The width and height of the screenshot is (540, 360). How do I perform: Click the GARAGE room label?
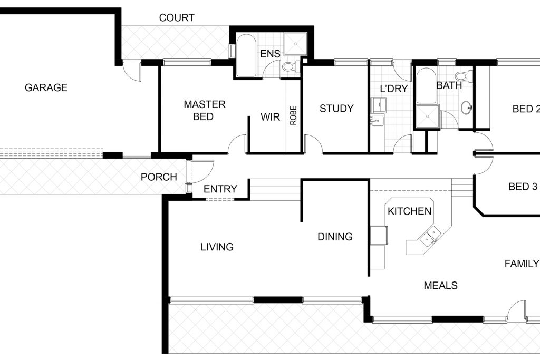(46, 88)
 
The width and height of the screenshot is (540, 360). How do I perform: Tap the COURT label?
(177, 18)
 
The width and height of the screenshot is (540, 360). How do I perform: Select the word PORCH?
(159, 177)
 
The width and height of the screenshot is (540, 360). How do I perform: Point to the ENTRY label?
(220, 189)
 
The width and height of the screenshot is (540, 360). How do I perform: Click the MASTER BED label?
(205, 111)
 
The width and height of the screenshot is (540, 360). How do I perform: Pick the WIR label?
(271, 117)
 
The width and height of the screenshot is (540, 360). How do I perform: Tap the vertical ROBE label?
(293, 115)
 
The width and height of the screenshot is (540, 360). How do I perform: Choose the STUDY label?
(336, 109)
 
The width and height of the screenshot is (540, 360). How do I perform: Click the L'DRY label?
(393, 89)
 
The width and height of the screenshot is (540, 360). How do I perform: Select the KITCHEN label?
(409, 211)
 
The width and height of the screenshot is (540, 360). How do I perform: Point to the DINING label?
(335, 237)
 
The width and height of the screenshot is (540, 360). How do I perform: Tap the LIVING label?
(217, 247)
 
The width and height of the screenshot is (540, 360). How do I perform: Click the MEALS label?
(440, 286)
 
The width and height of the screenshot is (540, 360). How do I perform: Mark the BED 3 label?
(523, 187)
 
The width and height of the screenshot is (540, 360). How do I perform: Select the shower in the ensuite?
(295, 44)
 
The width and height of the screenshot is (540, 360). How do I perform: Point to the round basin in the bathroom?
(466, 108)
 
